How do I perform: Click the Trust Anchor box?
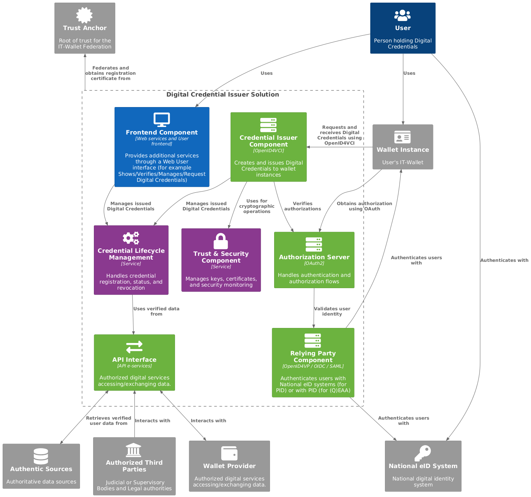85,28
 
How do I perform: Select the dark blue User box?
403,28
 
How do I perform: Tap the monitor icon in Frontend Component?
162,120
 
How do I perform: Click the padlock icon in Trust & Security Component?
221,241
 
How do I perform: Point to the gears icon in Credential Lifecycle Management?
131,238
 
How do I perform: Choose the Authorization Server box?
314,260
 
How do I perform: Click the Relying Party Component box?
313,363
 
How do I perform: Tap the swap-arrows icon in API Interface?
134,347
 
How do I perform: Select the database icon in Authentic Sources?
41,456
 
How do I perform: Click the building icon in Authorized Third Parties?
134,450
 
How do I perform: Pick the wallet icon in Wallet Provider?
229,453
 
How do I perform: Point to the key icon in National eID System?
423,453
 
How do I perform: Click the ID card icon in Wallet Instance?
403,137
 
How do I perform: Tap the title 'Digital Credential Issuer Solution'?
223,94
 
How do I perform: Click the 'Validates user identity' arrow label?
332,311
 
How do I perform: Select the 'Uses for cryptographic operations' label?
257,206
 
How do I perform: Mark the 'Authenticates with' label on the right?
504,260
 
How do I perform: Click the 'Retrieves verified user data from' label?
109,421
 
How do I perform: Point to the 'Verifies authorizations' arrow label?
303,206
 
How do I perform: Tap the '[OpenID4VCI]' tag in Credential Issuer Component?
269,151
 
